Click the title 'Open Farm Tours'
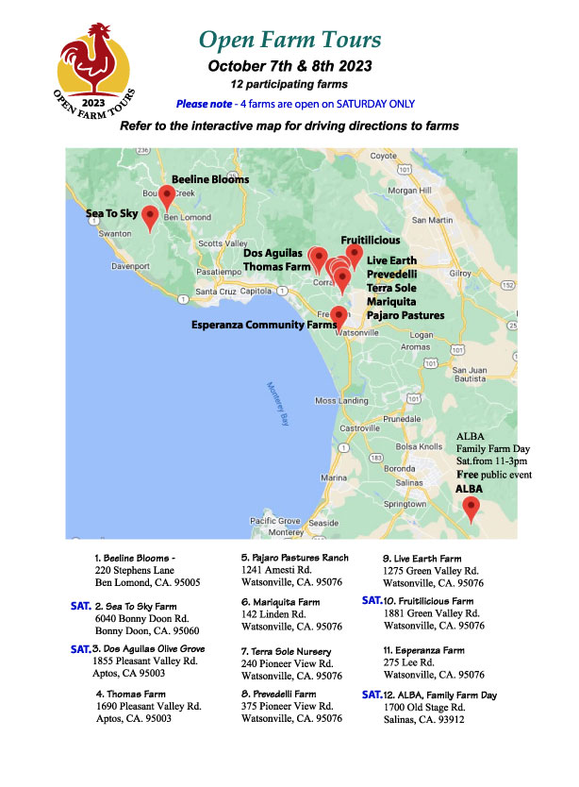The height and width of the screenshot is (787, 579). click(x=290, y=40)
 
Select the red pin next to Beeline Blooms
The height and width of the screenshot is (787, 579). click(x=167, y=196)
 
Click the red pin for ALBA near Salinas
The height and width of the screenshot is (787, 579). click(x=470, y=508)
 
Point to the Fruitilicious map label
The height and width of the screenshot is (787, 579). click(x=370, y=241)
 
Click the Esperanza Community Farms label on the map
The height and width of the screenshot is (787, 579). click(x=264, y=326)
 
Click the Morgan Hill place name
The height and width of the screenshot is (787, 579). click(x=408, y=191)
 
